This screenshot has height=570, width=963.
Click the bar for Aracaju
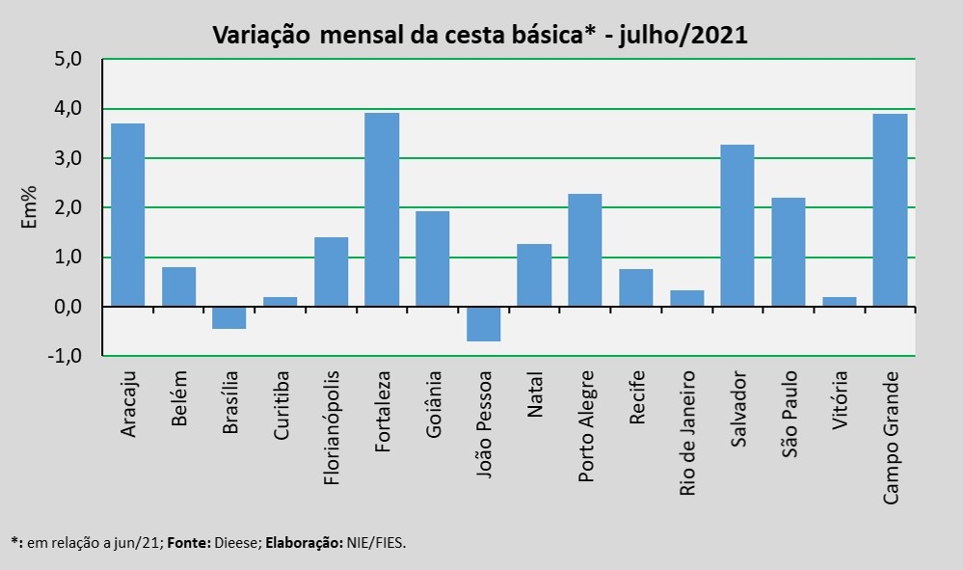pos(127,215)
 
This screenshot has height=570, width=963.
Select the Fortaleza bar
pos(382,209)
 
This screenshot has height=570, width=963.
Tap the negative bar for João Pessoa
pos(483,324)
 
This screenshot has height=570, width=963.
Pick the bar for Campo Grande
pos(890,210)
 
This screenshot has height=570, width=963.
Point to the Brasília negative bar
pos(228,317)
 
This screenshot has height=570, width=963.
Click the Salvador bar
pos(737,226)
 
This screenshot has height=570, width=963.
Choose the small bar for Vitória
pos(839,302)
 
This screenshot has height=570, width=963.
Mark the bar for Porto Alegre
pos(585,250)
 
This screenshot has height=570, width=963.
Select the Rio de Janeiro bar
pos(686,298)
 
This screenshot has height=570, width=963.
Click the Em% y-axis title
pos(30,207)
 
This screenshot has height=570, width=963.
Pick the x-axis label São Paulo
pos(789,409)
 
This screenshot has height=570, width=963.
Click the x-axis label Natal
pos(536,394)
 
